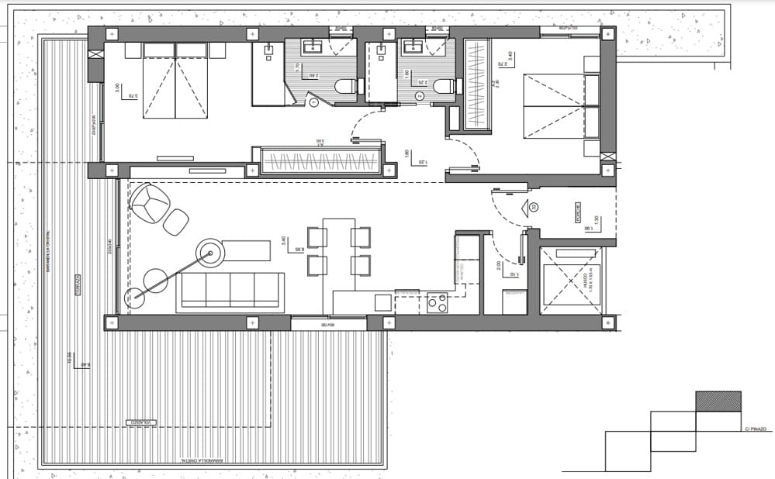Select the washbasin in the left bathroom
[x=317, y=47]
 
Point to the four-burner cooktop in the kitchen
[x=438, y=302]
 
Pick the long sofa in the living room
[x=230, y=291]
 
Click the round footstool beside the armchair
[x=176, y=222]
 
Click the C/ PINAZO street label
[x=754, y=429]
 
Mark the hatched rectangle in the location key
[x=718, y=401]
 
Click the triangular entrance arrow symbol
[x=533, y=207]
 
